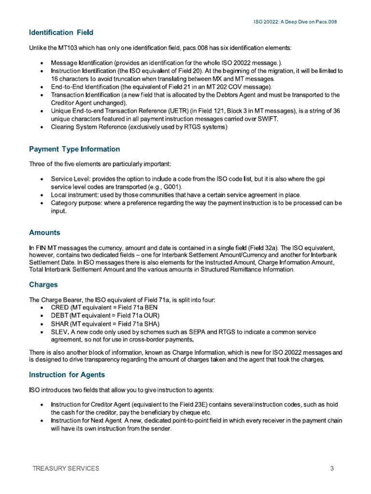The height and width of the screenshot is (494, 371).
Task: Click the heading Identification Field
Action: click(x=61, y=33)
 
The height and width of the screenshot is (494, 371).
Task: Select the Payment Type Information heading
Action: click(x=74, y=149)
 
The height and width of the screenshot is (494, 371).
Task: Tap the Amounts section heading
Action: click(x=44, y=233)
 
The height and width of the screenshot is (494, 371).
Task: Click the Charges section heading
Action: click(x=43, y=285)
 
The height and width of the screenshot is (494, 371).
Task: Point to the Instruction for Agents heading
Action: click(x=67, y=374)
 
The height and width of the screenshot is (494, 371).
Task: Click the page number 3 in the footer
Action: click(x=332, y=468)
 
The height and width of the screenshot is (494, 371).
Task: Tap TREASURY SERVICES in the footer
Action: click(x=66, y=468)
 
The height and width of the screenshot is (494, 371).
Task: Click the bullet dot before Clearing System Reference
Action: click(x=44, y=127)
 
